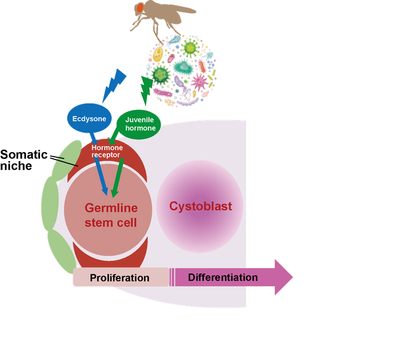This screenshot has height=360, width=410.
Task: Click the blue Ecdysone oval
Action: tap(88, 118)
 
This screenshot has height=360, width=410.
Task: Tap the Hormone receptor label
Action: tap(107, 151)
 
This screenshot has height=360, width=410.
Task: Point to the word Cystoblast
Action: tap(200, 206)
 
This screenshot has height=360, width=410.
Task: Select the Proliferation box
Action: tap(120, 277)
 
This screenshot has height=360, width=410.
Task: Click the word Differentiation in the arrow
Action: tap(223, 277)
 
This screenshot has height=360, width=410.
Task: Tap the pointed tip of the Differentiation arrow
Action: tap(291, 277)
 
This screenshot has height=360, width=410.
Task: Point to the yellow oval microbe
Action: tap(158, 53)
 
